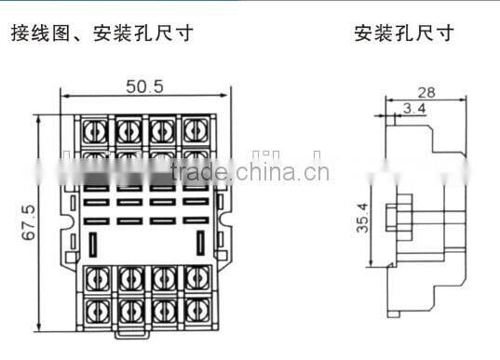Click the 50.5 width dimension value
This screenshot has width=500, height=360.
point(144,87)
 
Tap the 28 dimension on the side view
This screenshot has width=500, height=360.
point(426,93)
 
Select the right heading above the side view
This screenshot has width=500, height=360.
point(404,35)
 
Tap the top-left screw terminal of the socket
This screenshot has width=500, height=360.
point(95,129)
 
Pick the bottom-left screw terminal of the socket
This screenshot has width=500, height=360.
point(95,306)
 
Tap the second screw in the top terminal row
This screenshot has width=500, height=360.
point(128,129)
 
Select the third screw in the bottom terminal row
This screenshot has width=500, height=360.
point(161,306)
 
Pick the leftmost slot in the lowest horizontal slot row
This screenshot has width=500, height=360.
point(96,220)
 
